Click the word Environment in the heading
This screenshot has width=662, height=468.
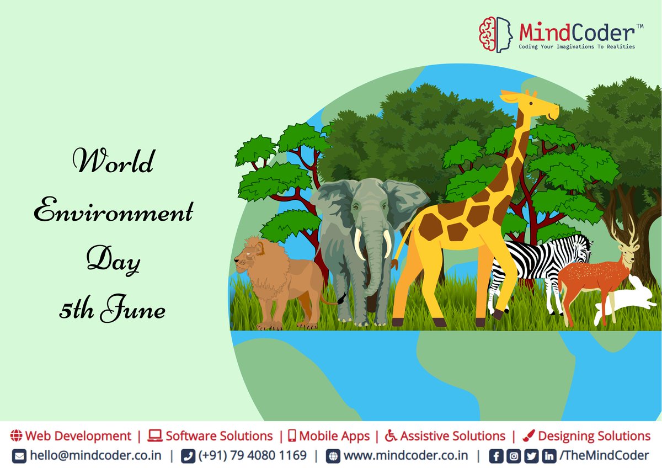tap(114, 211)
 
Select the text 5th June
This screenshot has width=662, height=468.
tap(113, 310)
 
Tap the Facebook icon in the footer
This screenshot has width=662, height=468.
tap(496, 456)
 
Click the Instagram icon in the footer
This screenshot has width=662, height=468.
tap(514, 456)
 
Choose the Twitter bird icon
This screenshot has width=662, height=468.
tap(531, 456)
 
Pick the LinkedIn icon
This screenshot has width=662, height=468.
tap(549, 456)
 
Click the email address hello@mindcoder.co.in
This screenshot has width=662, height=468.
tap(95, 456)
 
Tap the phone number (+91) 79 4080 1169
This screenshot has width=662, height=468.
tap(252, 456)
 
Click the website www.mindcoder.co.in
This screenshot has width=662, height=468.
tap(405, 456)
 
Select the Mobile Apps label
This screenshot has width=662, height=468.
tap(334, 436)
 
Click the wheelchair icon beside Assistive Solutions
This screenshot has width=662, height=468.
tap(391, 436)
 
